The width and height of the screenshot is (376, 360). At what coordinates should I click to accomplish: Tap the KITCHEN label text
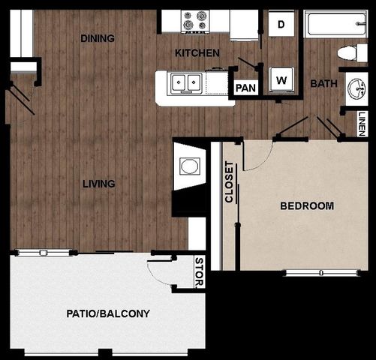point(197,53)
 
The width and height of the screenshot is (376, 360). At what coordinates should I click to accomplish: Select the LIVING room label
point(98,183)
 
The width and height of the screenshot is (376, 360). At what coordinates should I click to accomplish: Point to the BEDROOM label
point(307,205)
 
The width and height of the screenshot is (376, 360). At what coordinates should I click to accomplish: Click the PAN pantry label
point(245,88)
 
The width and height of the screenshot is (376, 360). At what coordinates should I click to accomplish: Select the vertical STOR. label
point(198,273)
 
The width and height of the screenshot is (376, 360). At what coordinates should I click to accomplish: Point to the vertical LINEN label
point(362,123)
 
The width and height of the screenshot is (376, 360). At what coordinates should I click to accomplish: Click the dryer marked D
point(281,24)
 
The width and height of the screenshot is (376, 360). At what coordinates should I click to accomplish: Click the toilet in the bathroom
point(348,52)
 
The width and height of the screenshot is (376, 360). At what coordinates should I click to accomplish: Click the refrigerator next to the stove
point(244,25)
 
